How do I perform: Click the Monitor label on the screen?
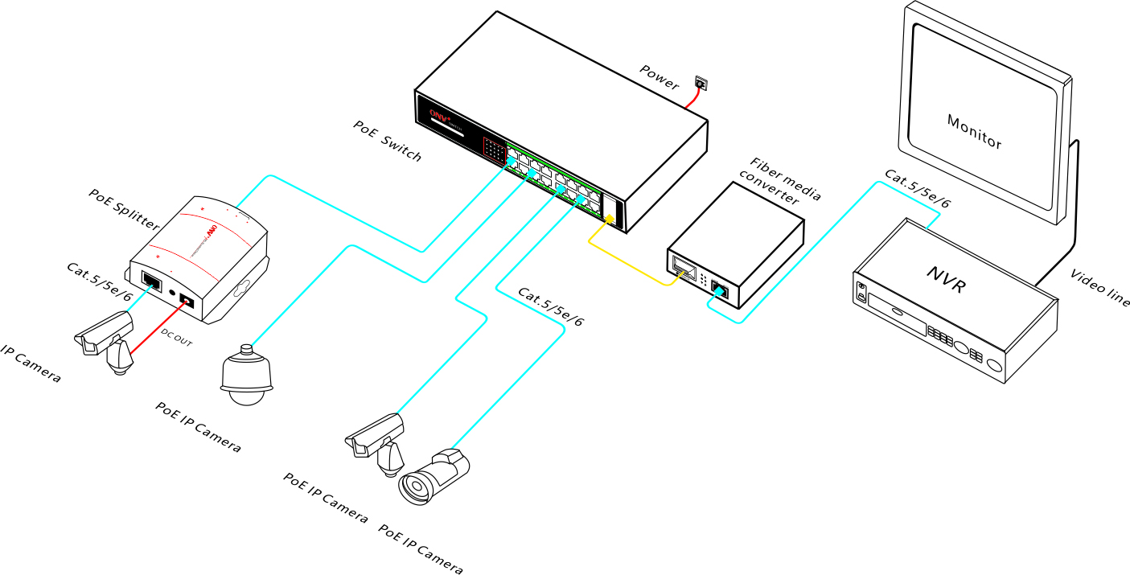tap(975, 132)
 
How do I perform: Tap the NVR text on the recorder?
tap(945, 280)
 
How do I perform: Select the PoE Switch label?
tap(387, 142)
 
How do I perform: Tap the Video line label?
tap(1100, 288)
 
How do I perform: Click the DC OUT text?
tap(177, 337)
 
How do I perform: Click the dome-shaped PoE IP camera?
tap(247, 374)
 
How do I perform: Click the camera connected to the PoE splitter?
tap(106, 341)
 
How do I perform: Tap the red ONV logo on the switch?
tap(438, 115)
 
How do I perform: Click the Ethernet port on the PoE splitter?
tap(150, 281)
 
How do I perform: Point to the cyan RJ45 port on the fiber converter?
tap(721, 291)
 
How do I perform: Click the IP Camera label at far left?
tap(29, 363)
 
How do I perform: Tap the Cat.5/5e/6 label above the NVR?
tap(917, 189)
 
